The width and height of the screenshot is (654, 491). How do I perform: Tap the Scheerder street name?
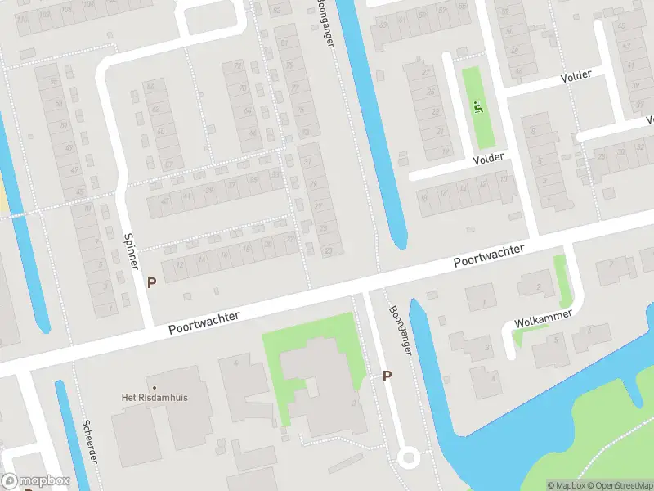(x=88, y=441)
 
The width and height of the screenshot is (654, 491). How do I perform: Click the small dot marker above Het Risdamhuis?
(x=153, y=387)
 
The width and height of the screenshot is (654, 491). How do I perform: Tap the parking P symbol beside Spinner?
(x=151, y=282)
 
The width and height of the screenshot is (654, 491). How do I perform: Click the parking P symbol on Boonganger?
(x=387, y=376)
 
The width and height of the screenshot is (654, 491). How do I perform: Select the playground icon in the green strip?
(x=478, y=106)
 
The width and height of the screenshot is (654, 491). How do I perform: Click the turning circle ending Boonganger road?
(x=407, y=458)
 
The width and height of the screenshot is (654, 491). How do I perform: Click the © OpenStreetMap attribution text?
(x=617, y=485)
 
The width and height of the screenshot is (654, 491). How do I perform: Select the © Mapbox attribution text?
(x=567, y=485)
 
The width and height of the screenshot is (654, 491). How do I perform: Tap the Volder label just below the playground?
(x=487, y=158)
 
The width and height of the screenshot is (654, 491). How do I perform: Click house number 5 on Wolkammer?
(x=556, y=340)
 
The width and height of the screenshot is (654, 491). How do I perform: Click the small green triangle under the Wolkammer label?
(x=519, y=334)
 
